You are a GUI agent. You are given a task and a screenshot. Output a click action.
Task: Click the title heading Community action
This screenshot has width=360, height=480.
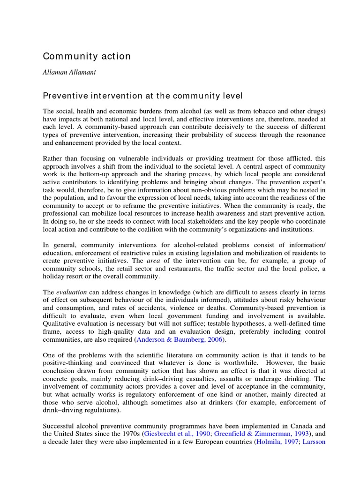tap(87, 56)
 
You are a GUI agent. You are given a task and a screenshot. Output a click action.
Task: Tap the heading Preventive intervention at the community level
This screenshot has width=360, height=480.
tap(143, 96)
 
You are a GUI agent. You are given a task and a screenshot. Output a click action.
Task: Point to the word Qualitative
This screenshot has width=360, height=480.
tap(59, 323)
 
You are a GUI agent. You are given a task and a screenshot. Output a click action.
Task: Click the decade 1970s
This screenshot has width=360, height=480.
tap(128, 434)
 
